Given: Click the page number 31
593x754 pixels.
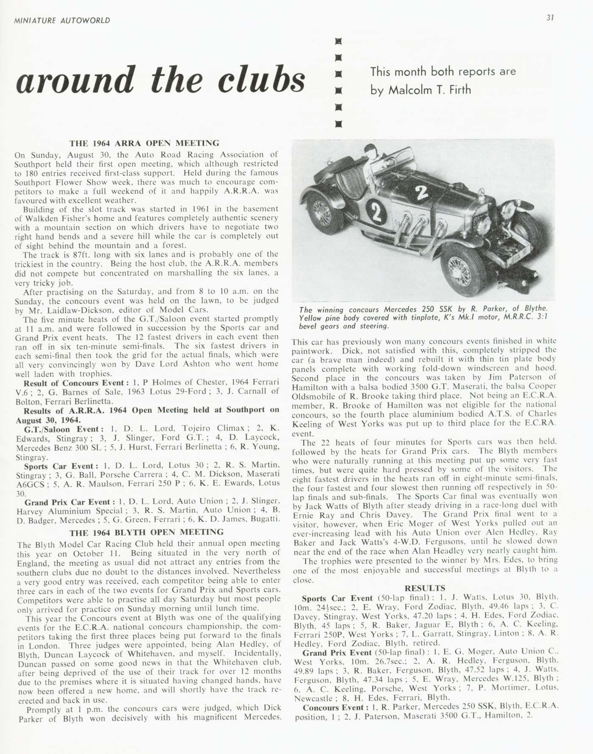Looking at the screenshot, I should pos(550,18).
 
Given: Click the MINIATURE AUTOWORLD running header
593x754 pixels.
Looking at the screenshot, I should pos(62,20).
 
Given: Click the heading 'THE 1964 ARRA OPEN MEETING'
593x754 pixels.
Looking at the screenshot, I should pos(144,143).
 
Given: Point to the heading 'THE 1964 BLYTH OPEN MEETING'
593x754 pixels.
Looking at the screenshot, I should pos(147,532).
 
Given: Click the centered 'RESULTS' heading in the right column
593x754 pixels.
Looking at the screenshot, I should pos(425,588).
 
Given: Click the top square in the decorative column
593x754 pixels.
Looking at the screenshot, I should pos(338,41).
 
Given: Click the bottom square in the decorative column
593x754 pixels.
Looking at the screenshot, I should pos(338,124).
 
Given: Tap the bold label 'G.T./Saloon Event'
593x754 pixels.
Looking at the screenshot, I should pos(63,428).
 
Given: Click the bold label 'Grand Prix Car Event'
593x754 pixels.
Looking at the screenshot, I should pos(70,502).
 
